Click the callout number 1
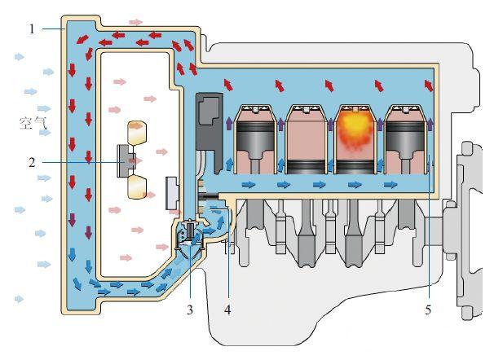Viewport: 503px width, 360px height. click(x=31, y=29)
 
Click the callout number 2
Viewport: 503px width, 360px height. click(x=31, y=162)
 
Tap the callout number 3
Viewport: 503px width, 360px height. click(x=191, y=310)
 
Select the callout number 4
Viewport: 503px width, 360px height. click(x=227, y=310)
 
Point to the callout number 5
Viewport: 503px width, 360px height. click(x=427, y=310)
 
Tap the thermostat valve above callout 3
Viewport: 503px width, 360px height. click(x=190, y=235)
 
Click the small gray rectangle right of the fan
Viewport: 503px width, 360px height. click(x=172, y=191)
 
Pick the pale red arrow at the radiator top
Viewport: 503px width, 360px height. click(x=135, y=21)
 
